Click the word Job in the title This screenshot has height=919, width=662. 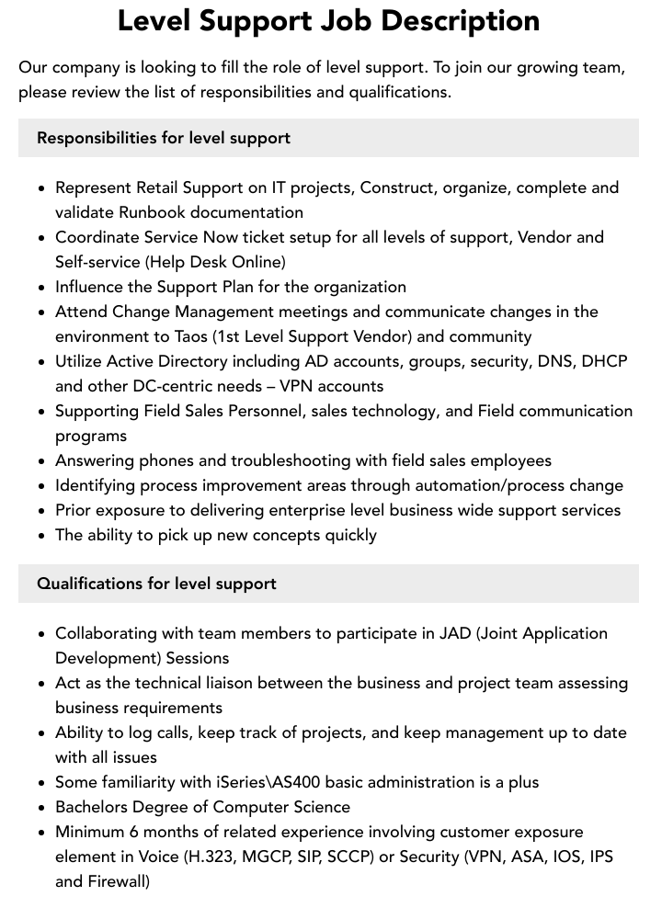pos(352,21)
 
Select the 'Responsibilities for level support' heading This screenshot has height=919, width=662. pos(164,138)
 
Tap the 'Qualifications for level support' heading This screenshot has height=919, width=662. pos(156,584)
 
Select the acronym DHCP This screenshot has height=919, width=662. pos(603,361)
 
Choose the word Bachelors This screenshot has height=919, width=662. pos(95,807)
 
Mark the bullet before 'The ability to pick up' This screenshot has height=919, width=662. pos(41,536)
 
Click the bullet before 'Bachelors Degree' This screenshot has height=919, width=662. pos(41,808)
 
